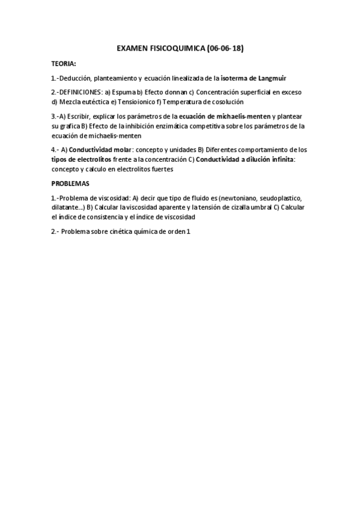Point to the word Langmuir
(x=270, y=78)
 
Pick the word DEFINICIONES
(x=81, y=93)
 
